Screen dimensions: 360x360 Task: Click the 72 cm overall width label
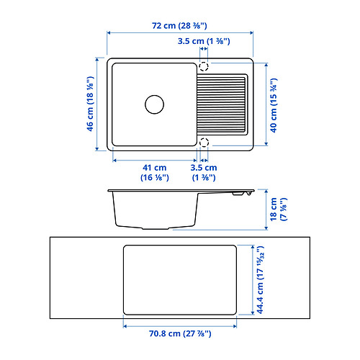pyautogui.click(x=180, y=25)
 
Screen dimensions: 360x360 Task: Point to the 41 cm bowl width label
pyautogui.click(x=154, y=172)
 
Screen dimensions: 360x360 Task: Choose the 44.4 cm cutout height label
pyautogui.click(x=261, y=279)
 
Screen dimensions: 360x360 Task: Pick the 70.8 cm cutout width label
pyautogui.click(x=180, y=333)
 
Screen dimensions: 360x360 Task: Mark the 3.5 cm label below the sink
pyautogui.click(x=203, y=172)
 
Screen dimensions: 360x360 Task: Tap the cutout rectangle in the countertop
pyautogui.click(x=180, y=280)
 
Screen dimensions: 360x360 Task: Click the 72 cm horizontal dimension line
pyautogui.click(x=180, y=33)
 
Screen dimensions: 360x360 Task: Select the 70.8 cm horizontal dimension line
pyautogui.click(x=180, y=325)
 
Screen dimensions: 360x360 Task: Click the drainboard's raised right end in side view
pyautogui.click(x=243, y=193)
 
